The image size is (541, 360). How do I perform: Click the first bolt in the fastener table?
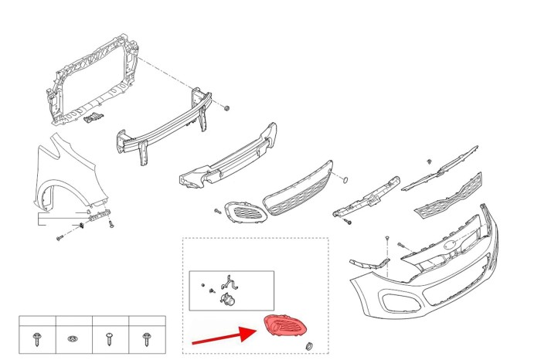[x=37, y=338]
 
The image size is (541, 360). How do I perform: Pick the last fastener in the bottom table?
[x=146, y=338]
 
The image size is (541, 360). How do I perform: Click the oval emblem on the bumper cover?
[x=451, y=249]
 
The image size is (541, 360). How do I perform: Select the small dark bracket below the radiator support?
[x=92, y=117]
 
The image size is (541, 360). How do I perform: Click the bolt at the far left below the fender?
[x=59, y=236]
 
